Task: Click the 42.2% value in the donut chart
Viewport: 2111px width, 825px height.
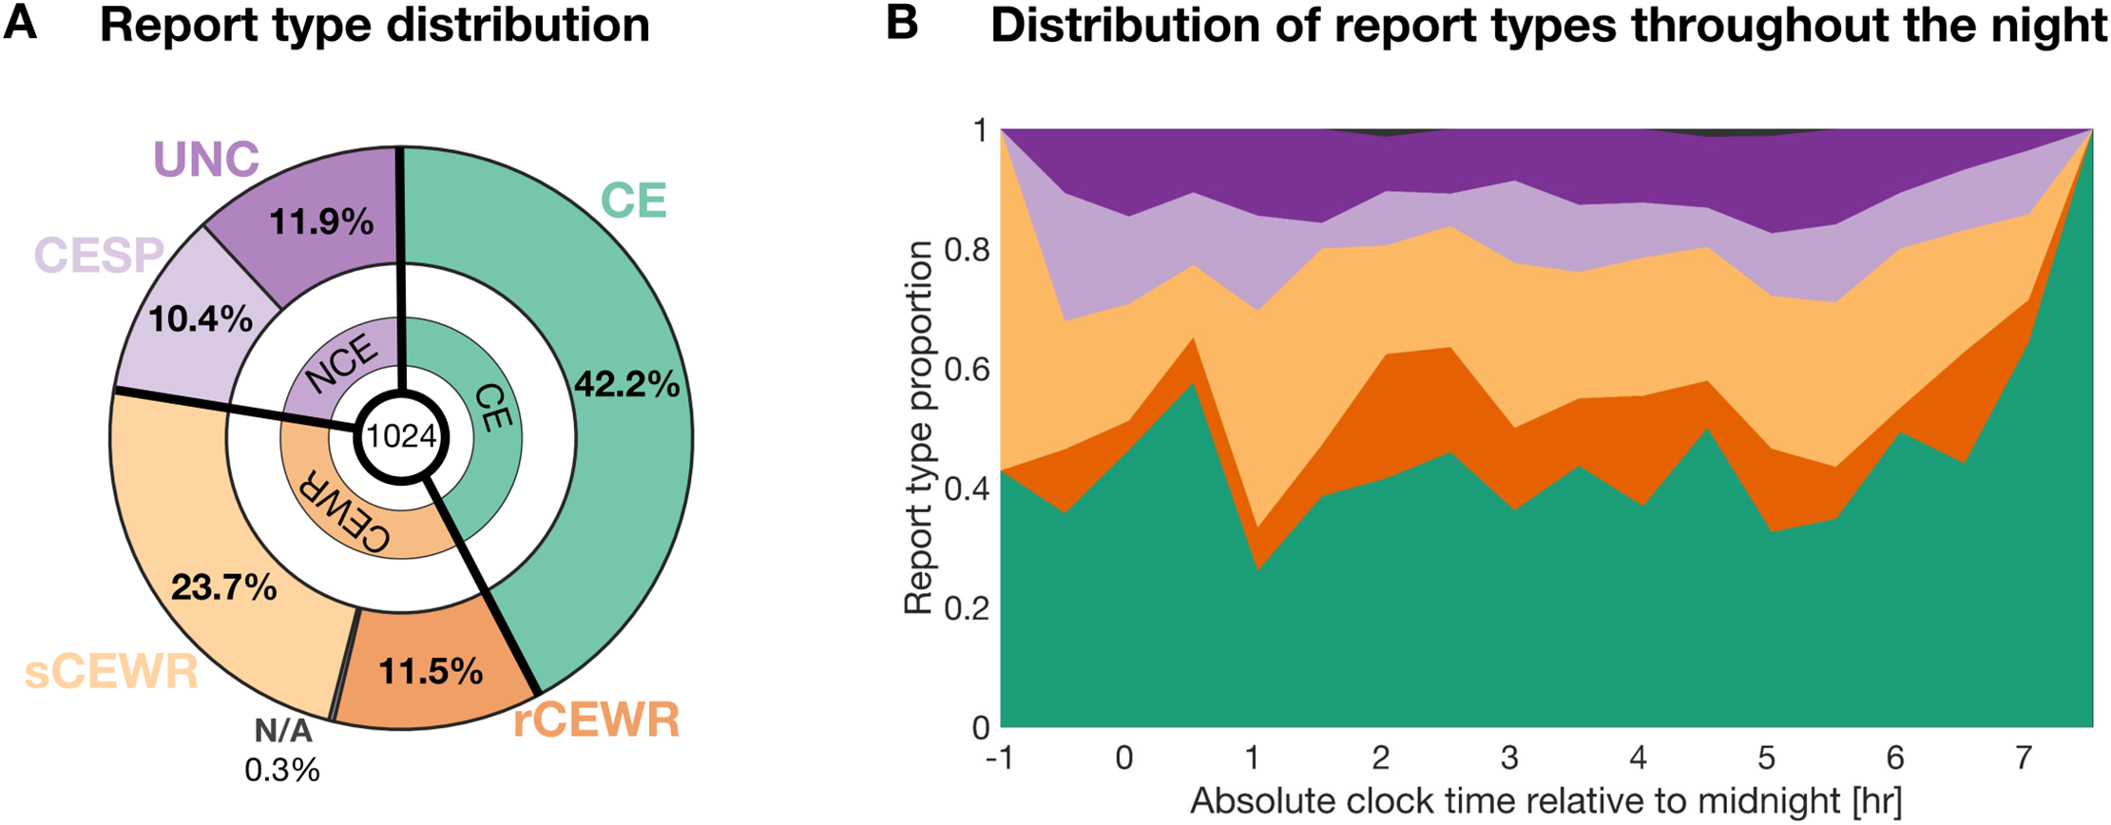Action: [627, 385]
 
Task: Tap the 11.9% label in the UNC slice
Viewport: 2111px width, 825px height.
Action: [321, 222]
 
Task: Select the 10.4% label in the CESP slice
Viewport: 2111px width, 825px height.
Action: [200, 319]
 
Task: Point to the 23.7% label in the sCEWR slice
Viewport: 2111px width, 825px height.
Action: [224, 588]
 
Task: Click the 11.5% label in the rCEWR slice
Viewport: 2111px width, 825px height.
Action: [431, 672]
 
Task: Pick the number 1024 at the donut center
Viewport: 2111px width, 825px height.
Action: [402, 436]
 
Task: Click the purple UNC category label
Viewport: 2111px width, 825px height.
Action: [206, 159]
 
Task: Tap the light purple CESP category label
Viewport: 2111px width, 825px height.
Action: [99, 255]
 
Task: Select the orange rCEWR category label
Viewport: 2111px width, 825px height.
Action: [597, 721]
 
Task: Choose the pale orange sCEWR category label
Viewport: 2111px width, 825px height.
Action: [111, 672]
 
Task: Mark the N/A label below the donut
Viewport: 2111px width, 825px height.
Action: [282, 731]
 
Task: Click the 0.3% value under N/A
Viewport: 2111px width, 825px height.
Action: [282, 770]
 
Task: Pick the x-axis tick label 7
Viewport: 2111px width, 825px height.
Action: [2023, 758]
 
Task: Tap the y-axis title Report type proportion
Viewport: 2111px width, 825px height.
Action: [919, 428]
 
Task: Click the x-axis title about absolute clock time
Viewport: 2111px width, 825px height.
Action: [1546, 801]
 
